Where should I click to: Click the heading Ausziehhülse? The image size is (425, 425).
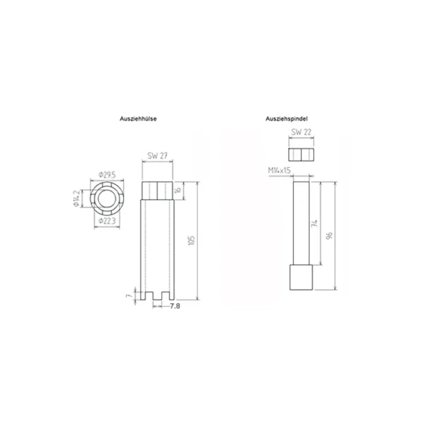(x=138, y=119)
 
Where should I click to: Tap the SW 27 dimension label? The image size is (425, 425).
(x=157, y=156)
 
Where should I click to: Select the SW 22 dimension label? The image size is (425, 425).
(x=301, y=132)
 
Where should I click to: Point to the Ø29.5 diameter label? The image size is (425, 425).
(x=107, y=175)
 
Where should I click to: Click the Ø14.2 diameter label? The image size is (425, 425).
(x=77, y=198)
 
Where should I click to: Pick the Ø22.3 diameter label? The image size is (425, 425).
(x=107, y=221)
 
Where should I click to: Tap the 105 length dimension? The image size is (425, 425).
(x=191, y=240)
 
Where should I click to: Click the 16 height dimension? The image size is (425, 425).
(x=178, y=189)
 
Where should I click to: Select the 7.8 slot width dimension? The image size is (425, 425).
(x=175, y=306)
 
